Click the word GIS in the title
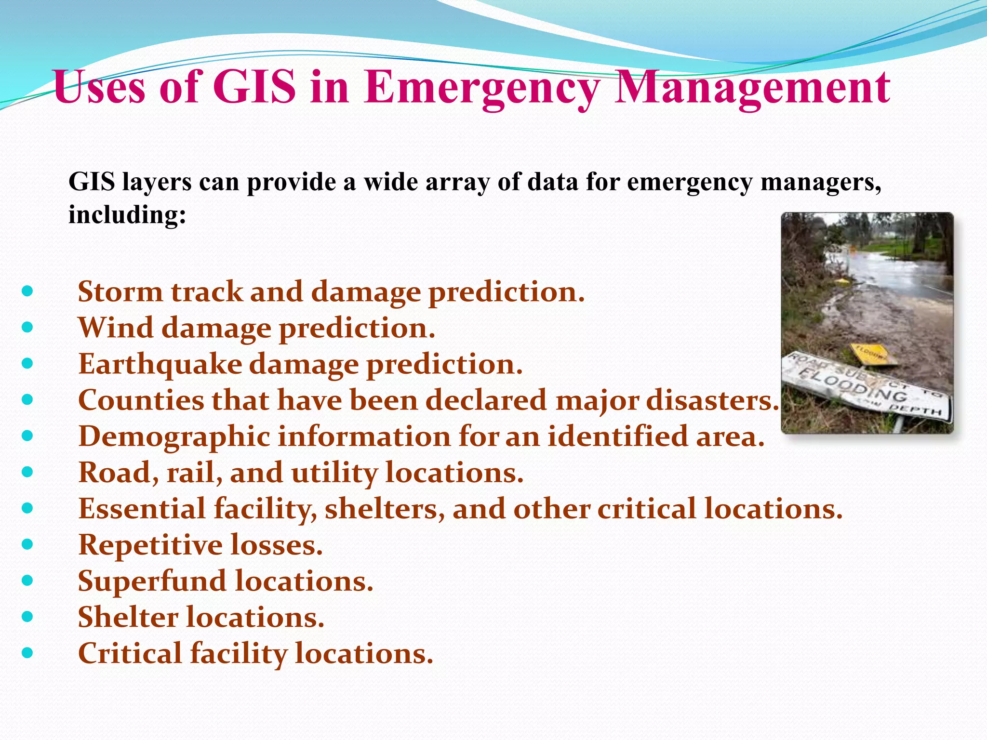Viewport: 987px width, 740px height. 254,88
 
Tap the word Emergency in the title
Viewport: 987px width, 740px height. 482,88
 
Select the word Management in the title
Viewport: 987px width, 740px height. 752,88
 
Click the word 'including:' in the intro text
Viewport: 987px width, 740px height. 127,214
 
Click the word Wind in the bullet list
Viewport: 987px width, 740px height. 115,328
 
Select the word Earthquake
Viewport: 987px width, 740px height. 160,364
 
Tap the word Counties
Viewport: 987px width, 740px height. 141,400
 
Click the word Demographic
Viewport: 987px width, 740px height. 174,436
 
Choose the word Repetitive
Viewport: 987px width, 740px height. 150,545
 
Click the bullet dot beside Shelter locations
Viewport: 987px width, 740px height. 27,617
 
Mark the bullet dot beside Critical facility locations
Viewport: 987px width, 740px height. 27,653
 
